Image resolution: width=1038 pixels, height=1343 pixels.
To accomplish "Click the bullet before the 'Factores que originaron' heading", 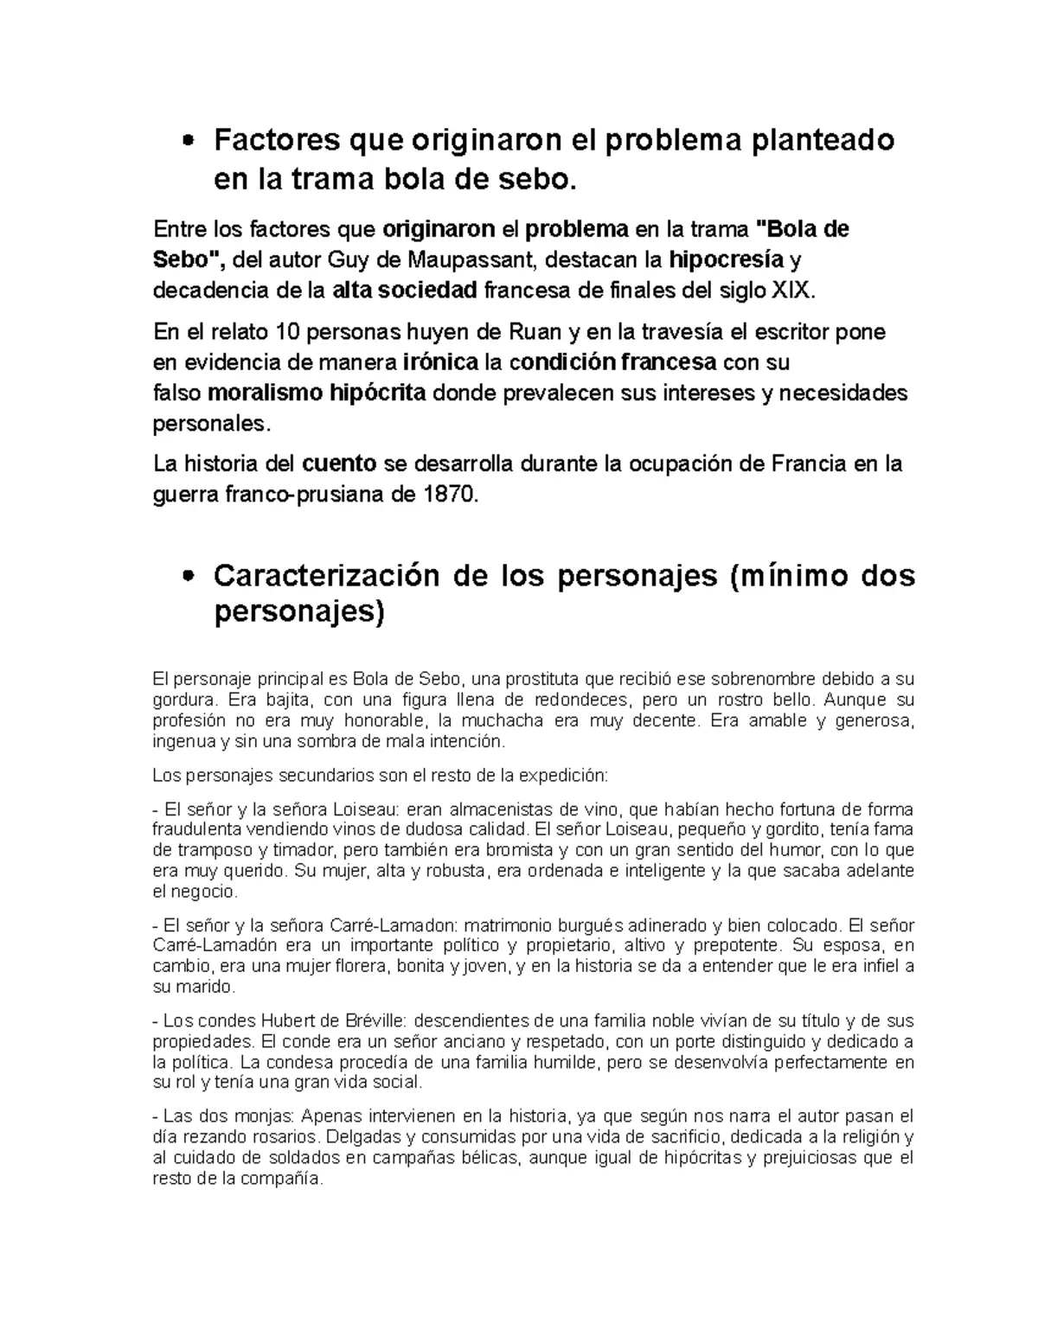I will pyautogui.click(x=189, y=142).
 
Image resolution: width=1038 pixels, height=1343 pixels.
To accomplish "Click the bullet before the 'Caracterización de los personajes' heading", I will pyautogui.click(x=189, y=577).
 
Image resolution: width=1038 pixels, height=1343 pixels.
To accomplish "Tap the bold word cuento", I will pyautogui.click(x=338, y=464).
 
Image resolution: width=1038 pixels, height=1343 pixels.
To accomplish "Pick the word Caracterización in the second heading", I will pyautogui.click(x=334, y=575).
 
